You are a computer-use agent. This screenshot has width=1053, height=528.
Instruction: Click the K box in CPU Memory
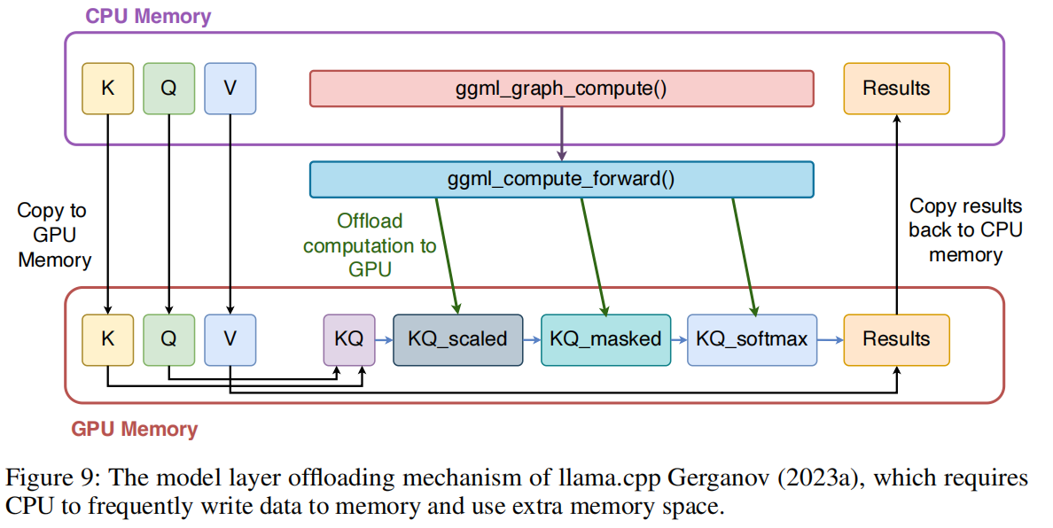[x=107, y=89]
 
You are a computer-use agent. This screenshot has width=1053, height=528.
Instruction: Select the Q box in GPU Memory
[x=168, y=338]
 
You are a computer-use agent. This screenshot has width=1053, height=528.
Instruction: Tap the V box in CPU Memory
[x=230, y=89]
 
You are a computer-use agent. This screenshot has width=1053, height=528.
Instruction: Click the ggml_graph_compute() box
[x=561, y=89]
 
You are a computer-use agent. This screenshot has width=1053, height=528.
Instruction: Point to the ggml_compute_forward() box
[x=561, y=179]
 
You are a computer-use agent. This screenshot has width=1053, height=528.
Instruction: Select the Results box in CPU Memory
[x=896, y=89]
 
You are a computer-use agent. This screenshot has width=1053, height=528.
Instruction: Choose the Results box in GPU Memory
[x=896, y=338]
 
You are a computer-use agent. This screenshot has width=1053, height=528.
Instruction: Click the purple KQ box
[x=348, y=338]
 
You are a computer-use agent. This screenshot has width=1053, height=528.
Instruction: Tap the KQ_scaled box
[x=457, y=338]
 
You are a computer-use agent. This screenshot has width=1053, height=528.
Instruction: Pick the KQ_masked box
[x=605, y=338]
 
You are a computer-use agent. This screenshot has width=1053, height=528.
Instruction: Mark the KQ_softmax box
[x=752, y=338]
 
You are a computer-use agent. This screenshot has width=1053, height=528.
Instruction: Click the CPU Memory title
[x=148, y=16]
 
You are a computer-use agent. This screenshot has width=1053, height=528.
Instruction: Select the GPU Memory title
[x=134, y=430]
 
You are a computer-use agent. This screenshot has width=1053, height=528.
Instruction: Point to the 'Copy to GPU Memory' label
[x=54, y=236]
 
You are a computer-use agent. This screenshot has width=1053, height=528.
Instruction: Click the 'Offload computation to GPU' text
[x=370, y=245]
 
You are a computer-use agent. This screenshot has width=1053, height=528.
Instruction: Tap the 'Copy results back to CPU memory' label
[x=965, y=230]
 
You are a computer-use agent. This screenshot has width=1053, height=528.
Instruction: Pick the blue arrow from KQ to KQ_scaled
[x=384, y=338]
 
